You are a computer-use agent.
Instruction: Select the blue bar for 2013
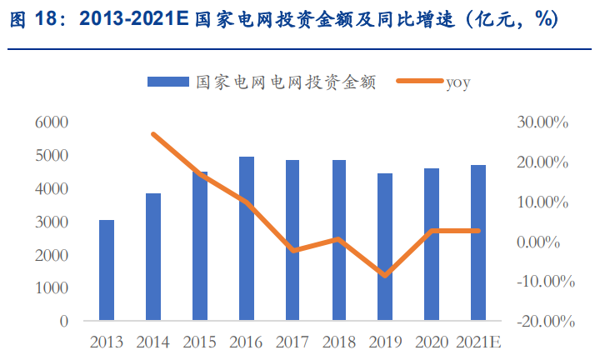(107, 270)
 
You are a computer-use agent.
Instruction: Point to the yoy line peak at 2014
(153, 134)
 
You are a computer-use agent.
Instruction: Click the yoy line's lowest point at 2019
(385, 275)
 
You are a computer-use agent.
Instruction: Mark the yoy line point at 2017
(292, 250)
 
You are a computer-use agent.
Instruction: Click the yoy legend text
(459, 82)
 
